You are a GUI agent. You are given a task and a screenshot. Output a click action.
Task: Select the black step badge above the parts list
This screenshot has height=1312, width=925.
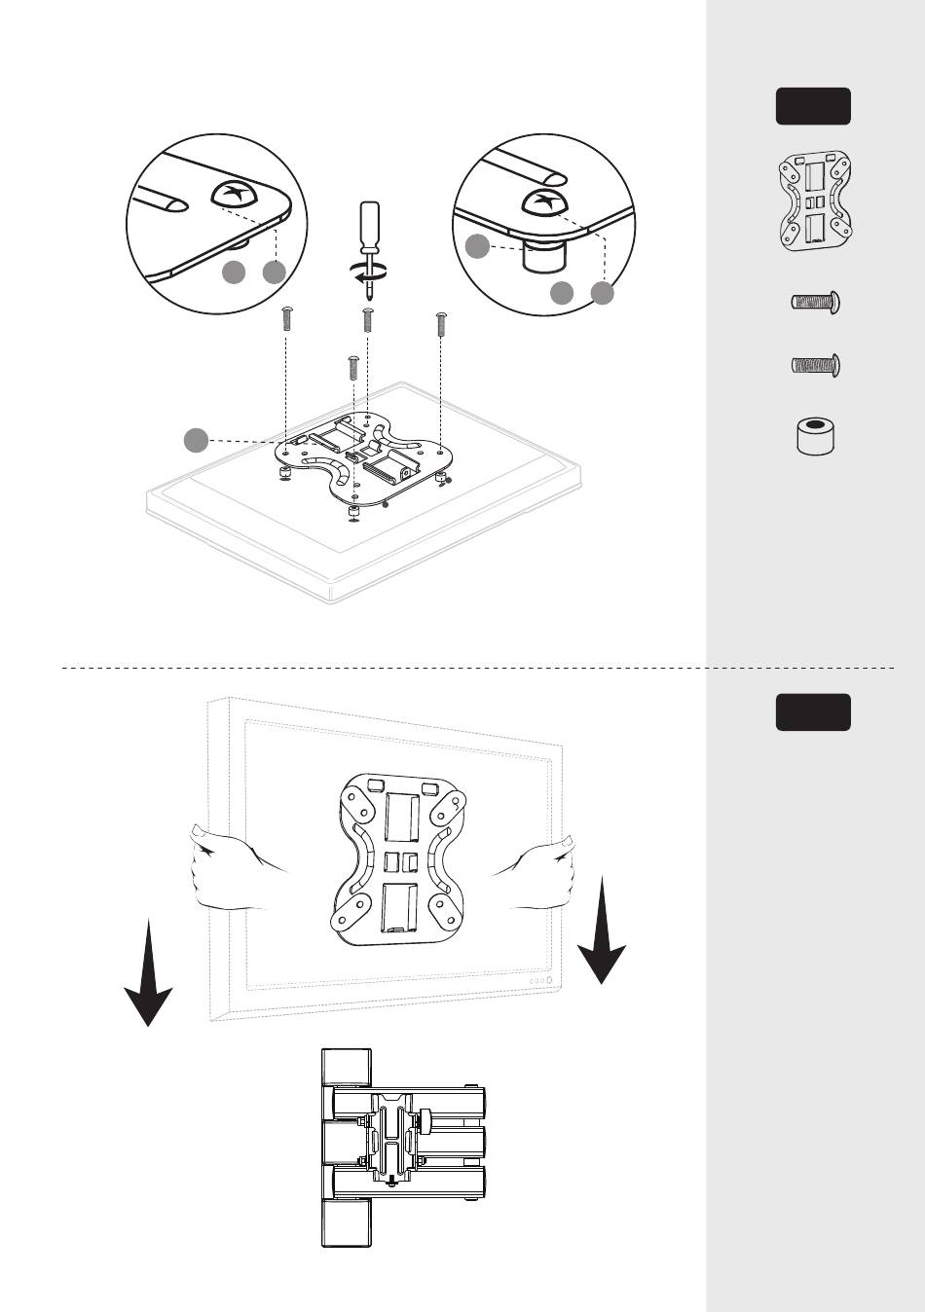[x=813, y=106]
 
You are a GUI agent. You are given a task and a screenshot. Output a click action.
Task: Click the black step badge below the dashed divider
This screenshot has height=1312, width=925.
[x=813, y=712]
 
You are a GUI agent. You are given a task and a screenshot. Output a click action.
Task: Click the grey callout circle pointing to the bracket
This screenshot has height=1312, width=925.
[x=197, y=440]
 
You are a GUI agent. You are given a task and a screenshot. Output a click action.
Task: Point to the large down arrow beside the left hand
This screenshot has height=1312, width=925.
[x=148, y=973]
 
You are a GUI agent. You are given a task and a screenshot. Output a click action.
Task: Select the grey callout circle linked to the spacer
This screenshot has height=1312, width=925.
[x=477, y=246]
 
